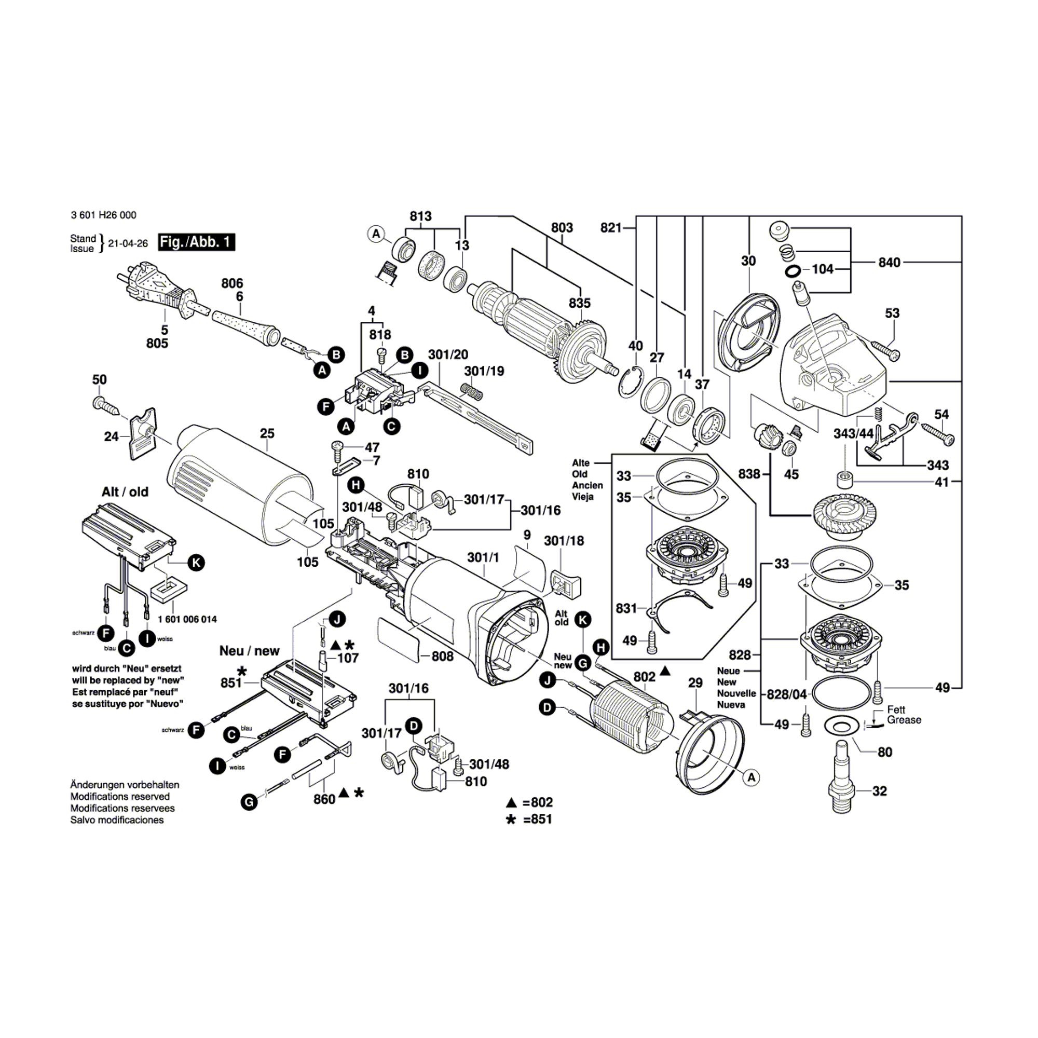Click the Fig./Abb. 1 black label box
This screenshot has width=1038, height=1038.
[x=197, y=242]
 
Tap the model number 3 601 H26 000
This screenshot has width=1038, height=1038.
[x=103, y=215]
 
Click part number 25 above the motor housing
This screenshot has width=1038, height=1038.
[x=267, y=433]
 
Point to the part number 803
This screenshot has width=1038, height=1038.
[x=562, y=228]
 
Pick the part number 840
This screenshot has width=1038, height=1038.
[x=889, y=262]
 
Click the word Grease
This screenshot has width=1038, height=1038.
[x=904, y=720]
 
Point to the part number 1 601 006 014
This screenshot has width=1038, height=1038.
[x=187, y=620]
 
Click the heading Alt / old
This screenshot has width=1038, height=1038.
[x=125, y=491]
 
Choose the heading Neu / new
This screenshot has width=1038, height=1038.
[x=249, y=651]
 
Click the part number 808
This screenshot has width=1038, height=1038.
[x=442, y=656]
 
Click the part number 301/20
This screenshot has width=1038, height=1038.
[x=448, y=354]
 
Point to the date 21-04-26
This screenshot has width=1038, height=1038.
[x=128, y=243]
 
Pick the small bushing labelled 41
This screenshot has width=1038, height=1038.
[x=844, y=477]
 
